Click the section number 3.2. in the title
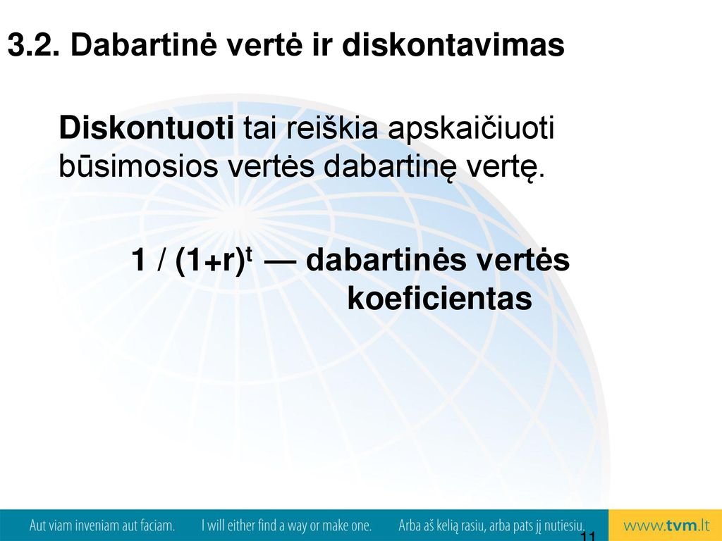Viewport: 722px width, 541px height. (x=34, y=45)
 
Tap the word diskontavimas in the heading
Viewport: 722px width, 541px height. (x=453, y=45)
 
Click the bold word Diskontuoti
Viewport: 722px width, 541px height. (x=147, y=128)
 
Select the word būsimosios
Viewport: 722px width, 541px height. (x=138, y=166)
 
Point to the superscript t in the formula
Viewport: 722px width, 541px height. (x=250, y=253)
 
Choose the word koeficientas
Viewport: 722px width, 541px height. (x=440, y=299)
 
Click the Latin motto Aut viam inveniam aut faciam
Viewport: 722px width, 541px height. (x=102, y=526)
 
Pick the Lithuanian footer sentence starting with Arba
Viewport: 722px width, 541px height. (x=491, y=526)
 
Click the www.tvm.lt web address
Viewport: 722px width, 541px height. (x=666, y=526)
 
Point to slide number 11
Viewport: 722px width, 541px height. (x=588, y=536)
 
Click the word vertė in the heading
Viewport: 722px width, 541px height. (x=265, y=45)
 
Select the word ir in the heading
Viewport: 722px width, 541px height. (x=322, y=45)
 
